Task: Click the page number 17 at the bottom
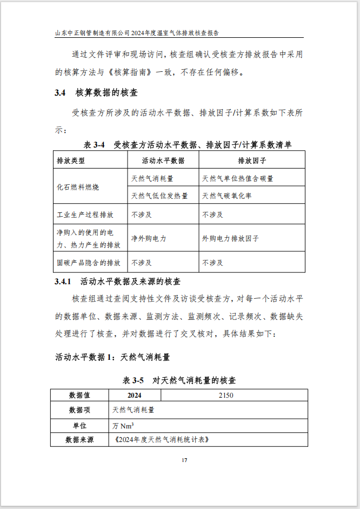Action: tap(184, 460)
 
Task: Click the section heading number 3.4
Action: tap(60, 92)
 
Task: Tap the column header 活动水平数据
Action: tap(163, 160)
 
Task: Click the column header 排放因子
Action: tap(252, 160)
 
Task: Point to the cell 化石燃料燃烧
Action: tap(77, 187)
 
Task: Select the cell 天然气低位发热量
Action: tap(159, 196)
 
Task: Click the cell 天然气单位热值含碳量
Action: tap(238, 178)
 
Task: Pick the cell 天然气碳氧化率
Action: tap(226, 196)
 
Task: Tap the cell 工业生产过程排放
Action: tap(85, 215)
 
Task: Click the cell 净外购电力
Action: tap(149, 238)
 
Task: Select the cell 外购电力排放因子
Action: tap(230, 238)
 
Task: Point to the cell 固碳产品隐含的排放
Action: tap(89, 263)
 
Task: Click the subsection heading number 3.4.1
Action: tap(63, 282)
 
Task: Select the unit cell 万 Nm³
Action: tap(123, 425)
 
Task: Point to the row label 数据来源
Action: tap(79, 440)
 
